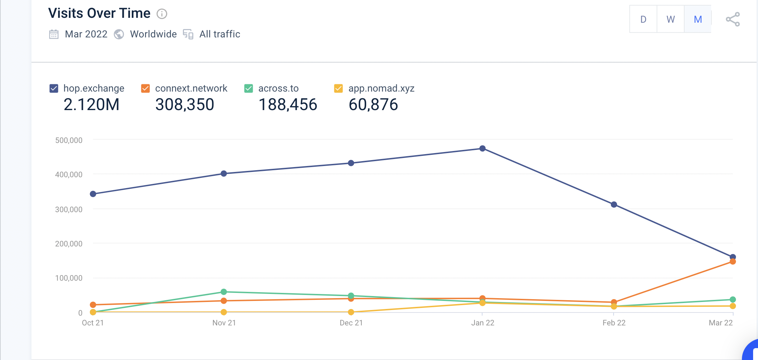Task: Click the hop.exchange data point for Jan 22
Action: point(482,149)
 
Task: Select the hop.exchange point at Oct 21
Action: point(93,194)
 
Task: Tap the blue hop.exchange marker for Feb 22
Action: point(614,204)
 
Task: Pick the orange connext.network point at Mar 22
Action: point(733,262)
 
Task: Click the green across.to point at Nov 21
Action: point(224,292)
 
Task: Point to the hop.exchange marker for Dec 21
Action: point(351,163)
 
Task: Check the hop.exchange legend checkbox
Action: point(54,88)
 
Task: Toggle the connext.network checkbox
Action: point(145,88)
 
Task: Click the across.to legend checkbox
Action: point(249,88)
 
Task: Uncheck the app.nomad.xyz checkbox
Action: point(338,88)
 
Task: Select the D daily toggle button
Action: point(643,20)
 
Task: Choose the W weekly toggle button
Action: point(671,20)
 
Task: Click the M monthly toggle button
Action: point(698,20)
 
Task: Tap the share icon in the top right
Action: point(733,20)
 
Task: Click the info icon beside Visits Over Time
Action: point(162,14)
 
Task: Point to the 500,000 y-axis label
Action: point(69,141)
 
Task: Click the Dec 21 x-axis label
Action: point(351,323)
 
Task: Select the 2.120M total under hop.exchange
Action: point(92,105)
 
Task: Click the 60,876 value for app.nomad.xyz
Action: point(373,105)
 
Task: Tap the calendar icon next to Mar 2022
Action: point(54,34)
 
